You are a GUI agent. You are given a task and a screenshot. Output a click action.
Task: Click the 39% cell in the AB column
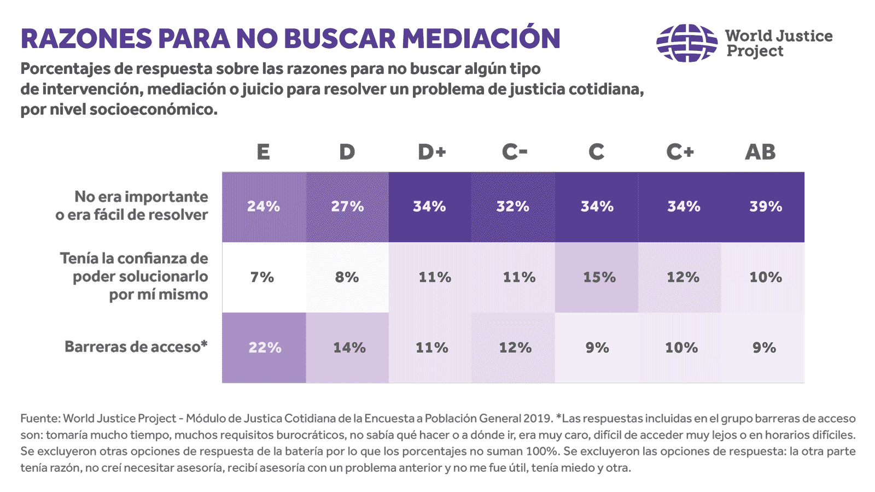coord(765,207)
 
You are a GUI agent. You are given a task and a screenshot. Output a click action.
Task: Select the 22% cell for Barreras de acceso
coord(265,348)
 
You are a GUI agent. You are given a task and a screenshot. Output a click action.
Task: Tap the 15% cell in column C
coord(598,277)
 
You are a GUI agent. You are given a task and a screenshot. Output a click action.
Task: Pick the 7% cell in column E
coord(262,277)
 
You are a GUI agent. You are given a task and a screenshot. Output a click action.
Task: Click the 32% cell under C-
coord(513,207)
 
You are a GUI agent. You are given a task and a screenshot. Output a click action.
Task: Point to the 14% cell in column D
coord(349,348)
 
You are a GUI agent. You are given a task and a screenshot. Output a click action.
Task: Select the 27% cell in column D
coord(347,207)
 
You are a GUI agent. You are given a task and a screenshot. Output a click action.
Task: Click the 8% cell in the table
coord(347,277)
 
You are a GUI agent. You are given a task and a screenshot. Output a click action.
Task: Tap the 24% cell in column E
coord(264,207)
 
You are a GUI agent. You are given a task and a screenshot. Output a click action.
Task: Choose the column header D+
coord(431,152)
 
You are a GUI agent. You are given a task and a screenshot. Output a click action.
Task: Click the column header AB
coord(760,152)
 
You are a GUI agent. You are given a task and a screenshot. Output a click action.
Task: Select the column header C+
coord(680,152)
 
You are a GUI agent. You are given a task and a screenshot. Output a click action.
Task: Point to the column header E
coord(263,152)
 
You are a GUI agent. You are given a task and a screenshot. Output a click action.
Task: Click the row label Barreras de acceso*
coord(136,347)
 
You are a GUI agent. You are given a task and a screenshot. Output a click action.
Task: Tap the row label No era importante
coord(141,197)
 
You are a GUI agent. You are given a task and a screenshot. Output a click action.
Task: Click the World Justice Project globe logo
coord(687,43)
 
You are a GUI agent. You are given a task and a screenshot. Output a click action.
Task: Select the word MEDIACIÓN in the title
coord(481,38)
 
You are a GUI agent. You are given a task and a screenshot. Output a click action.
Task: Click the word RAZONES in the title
coord(86,38)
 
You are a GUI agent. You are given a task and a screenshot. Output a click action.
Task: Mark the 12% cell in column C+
coord(682,277)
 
